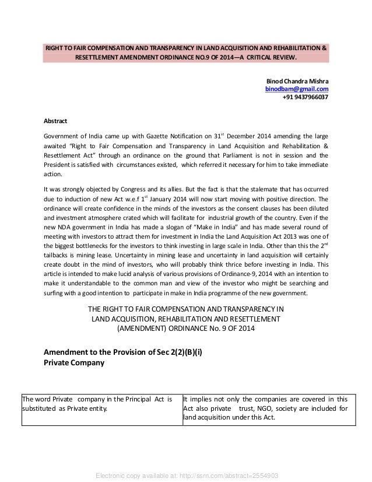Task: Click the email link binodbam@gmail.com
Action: tap(297, 89)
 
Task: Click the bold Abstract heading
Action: tap(56, 121)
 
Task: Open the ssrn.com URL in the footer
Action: tap(185, 475)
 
